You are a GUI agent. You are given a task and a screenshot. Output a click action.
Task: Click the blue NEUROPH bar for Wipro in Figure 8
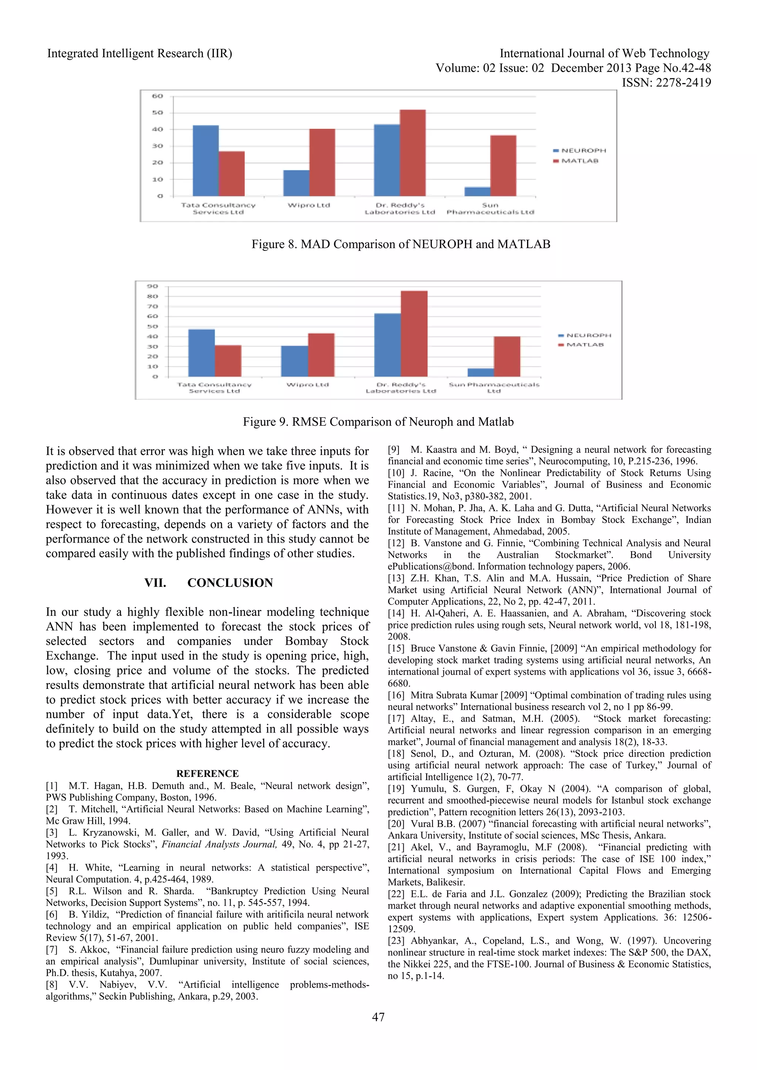(296, 183)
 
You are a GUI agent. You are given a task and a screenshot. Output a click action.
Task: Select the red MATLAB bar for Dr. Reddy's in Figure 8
(413, 153)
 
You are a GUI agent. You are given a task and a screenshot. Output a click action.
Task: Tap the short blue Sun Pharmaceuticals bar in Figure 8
(477, 191)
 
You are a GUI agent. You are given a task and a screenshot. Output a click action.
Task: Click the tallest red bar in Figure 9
(414, 334)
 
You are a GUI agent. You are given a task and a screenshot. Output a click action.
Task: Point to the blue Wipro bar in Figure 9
(294, 361)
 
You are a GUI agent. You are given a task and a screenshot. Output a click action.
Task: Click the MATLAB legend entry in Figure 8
(580, 161)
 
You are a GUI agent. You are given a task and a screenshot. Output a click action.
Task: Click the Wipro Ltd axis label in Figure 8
(309, 205)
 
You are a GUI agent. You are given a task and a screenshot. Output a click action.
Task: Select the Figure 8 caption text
(401, 244)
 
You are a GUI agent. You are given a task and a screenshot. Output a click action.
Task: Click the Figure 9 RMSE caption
(378, 422)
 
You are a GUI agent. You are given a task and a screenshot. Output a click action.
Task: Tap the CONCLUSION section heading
(230, 582)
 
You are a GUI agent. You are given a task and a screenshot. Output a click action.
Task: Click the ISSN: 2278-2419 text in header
(666, 82)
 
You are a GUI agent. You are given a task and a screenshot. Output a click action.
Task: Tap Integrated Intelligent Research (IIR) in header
(139, 54)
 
